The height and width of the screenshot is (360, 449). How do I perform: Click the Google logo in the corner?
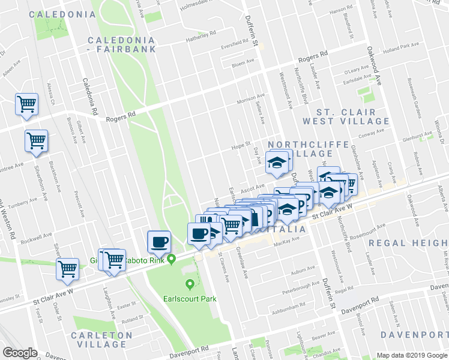(x=20, y=353)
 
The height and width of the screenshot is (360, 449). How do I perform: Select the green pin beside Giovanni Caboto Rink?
(x=172, y=260)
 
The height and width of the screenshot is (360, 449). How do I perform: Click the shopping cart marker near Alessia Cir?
(x=27, y=104)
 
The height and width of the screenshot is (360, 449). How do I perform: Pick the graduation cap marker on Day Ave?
(x=277, y=162)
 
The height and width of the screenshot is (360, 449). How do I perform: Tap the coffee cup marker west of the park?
(x=159, y=241)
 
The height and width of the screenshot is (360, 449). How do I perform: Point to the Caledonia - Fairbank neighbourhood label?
(x=122, y=44)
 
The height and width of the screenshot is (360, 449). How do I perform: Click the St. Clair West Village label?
(x=347, y=116)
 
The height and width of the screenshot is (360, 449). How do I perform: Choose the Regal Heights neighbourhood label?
(x=408, y=242)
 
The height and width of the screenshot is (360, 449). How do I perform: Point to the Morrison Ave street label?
(x=250, y=98)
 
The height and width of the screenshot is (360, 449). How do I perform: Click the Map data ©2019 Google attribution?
(x=412, y=355)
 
